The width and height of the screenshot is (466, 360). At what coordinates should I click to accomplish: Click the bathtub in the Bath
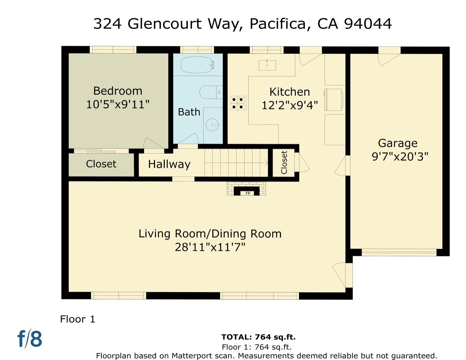(x=197, y=65)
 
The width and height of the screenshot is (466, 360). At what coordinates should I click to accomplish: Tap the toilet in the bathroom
(x=210, y=92)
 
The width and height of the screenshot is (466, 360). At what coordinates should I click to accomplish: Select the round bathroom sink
(x=212, y=125)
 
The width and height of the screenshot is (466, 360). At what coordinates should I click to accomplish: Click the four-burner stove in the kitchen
(x=238, y=103)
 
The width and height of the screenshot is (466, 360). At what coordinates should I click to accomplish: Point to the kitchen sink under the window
(x=267, y=65)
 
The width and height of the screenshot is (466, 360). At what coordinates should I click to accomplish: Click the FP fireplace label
(x=247, y=193)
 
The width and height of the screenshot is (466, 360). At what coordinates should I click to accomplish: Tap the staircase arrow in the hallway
(x=266, y=163)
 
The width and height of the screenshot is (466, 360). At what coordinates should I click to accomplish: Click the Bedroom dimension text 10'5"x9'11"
(x=118, y=105)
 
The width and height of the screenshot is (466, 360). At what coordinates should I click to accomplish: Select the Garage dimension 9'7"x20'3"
(x=400, y=157)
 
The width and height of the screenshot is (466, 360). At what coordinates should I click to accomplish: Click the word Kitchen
(x=289, y=92)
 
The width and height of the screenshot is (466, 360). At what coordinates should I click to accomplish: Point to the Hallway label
(x=169, y=164)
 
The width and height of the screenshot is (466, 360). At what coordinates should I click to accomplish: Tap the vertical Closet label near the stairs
(x=284, y=162)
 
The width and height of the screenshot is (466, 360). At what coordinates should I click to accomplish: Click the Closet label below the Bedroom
(x=101, y=164)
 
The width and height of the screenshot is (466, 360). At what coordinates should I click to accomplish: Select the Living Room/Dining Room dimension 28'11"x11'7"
(x=210, y=247)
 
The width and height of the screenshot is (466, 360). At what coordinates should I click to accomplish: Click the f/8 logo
(x=30, y=339)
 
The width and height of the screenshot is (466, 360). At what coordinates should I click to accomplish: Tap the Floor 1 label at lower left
(x=78, y=319)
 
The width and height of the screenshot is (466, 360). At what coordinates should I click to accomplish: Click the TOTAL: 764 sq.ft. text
(x=258, y=337)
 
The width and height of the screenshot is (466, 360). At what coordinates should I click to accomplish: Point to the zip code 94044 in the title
(x=368, y=24)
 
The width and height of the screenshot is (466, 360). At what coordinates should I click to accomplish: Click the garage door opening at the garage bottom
(x=399, y=252)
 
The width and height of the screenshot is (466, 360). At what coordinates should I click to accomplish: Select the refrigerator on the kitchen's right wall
(x=333, y=99)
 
